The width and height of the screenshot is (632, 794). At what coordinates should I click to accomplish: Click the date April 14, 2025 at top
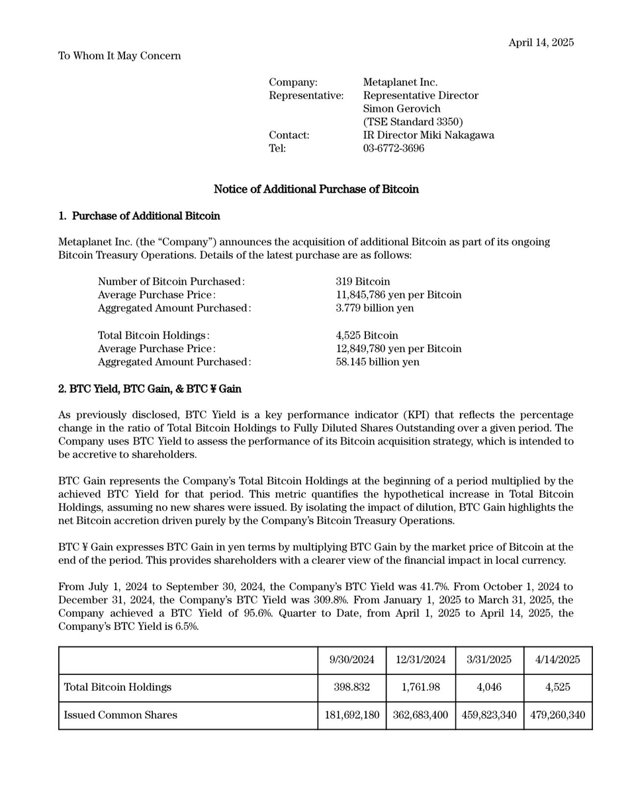tap(541, 42)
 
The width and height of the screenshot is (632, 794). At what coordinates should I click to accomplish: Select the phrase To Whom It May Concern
tap(119, 56)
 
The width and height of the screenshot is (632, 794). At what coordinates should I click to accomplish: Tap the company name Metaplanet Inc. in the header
tap(400, 82)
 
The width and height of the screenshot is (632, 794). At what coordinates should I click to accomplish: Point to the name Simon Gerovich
tap(401, 109)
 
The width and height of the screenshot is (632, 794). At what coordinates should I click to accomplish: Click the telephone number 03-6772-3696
tap(393, 148)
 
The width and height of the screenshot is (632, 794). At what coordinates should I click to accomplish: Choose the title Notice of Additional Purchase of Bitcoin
tap(316, 189)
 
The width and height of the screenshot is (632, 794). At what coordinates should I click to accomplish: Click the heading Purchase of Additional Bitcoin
tap(146, 216)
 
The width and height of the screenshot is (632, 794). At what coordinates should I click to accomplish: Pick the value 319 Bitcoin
tap(363, 281)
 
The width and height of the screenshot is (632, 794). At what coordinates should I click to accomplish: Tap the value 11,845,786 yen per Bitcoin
tap(398, 294)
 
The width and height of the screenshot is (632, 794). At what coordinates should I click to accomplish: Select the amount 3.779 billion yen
tap(375, 308)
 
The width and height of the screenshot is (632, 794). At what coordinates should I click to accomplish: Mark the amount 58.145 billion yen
tap(377, 362)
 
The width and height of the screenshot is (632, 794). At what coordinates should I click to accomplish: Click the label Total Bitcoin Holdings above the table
tap(153, 335)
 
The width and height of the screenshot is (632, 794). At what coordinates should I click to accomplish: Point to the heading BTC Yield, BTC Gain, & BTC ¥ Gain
tap(150, 388)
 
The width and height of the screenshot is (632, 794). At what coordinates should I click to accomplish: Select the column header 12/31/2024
tap(420, 660)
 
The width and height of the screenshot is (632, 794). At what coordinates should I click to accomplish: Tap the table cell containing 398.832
tap(351, 687)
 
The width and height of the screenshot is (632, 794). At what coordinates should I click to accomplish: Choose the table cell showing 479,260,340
tap(557, 715)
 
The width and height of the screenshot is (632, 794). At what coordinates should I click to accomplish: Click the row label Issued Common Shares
tap(120, 715)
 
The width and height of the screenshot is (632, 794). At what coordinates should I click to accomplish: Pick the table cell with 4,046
tap(489, 687)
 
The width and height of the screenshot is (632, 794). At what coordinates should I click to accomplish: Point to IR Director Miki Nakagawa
tap(428, 135)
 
